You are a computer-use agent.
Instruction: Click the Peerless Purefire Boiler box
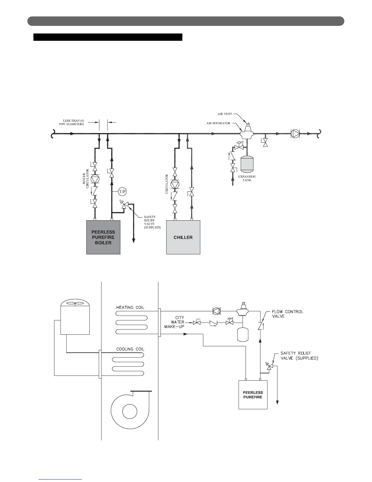103,237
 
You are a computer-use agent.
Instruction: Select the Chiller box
183,237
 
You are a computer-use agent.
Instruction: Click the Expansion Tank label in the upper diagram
247,178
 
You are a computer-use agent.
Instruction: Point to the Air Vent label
225,114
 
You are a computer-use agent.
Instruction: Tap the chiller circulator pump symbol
175,184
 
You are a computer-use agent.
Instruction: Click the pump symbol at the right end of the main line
295,134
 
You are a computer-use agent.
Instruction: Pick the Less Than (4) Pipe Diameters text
71,122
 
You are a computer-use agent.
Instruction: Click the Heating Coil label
130,307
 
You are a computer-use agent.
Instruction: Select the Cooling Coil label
130,349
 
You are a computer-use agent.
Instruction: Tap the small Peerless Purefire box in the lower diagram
253,395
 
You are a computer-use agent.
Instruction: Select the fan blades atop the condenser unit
75,303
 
